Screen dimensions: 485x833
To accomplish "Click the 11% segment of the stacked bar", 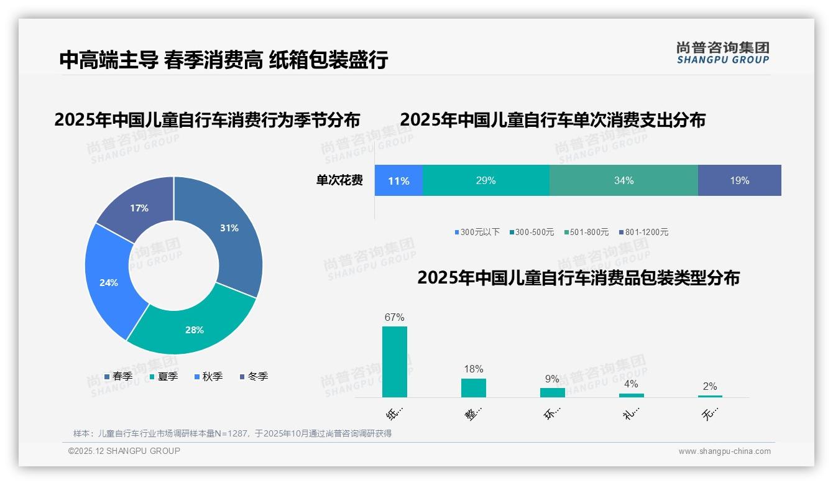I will pos(398,181).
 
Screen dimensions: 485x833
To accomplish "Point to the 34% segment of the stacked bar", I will pos(624,181).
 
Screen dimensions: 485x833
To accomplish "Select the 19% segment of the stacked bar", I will pos(739,181).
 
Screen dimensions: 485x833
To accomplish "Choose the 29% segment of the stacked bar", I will pos(486,181).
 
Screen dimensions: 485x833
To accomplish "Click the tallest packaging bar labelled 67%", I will pos(394,362).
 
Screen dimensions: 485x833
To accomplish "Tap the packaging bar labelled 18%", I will pos(473,388).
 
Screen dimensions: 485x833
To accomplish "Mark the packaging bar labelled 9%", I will pos(552,393).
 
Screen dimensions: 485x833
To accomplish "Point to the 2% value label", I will pos(709,386).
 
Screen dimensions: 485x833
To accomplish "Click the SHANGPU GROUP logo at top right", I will pos(722,53).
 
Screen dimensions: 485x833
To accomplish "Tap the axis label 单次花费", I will pos(339,181).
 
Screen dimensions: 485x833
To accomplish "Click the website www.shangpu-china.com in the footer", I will pos(724,451).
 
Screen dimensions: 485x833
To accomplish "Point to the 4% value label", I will pos(630,384).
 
